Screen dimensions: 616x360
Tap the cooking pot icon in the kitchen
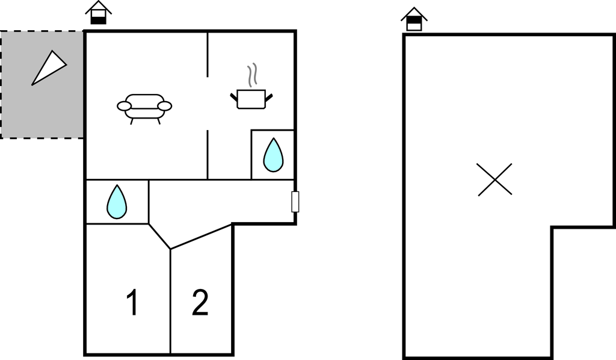tap(251, 99)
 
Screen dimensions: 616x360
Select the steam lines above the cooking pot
tap(252, 75)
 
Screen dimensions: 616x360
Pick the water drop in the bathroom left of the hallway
tap(117, 202)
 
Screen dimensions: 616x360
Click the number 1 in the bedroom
tap(133, 302)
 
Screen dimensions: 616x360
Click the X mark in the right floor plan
tap(494, 179)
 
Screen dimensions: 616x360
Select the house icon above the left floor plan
tap(98, 13)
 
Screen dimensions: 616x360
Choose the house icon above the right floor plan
tap(414, 19)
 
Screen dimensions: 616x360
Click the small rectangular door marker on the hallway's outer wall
tap(295, 202)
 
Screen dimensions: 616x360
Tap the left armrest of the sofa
tap(124, 106)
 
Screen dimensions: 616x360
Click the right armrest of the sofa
tap(165, 106)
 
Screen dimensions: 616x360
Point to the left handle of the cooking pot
tap(234, 97)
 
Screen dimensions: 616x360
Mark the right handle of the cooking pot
tap(269, 97)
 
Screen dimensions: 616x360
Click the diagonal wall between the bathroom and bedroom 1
tap(159, 236)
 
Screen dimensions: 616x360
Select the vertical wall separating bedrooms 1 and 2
tap(170, 302)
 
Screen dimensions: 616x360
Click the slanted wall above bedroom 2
tap(201, 237)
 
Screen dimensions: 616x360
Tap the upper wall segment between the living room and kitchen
tap(208, 54)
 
